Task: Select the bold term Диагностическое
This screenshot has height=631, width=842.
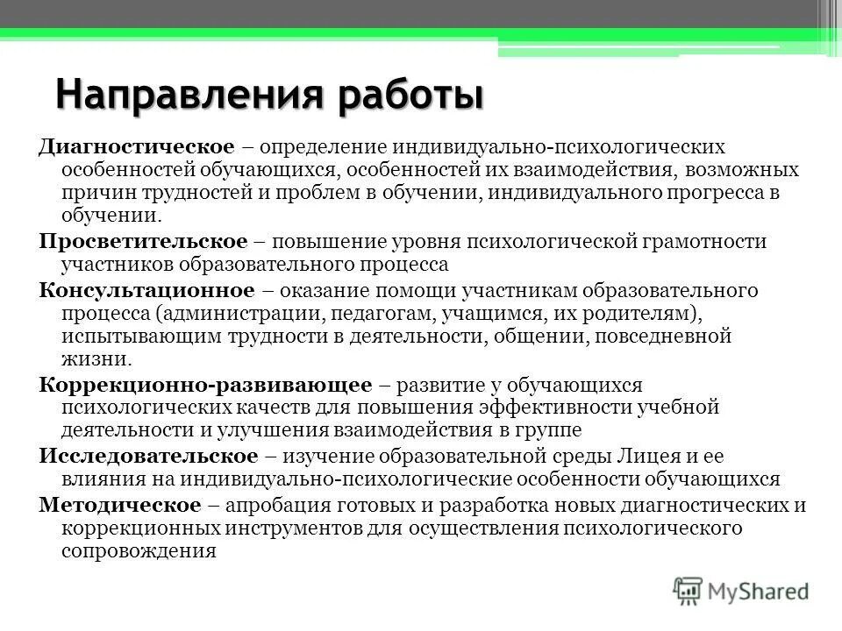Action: click(x=136, y=146)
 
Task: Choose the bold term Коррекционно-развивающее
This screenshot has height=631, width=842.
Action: click(x=206, y=385)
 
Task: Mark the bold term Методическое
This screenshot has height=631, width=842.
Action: click(x=117, y=505)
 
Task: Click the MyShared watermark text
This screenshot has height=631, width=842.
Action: click(x=760, y=590)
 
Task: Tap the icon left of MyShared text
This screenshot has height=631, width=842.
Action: click(x=689, y=590)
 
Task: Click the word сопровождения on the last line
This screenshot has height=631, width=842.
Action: click(x=139, y=552)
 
